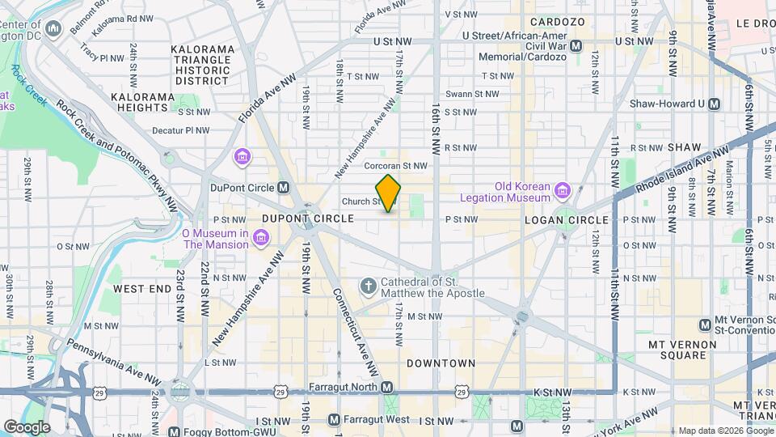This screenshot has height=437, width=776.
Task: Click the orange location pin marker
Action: coord(389,193)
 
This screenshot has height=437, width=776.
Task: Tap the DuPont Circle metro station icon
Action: coord(283,188)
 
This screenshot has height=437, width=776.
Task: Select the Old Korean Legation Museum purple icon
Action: coord(563,191)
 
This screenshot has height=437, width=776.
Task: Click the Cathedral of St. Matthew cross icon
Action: coord(368,286)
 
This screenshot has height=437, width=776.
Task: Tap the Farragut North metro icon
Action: coord(387,388)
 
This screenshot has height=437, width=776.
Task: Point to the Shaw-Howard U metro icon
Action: coord(714,104)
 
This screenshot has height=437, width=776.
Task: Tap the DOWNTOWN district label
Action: coord(441,363)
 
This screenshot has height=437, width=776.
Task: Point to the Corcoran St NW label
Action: coord(395,166)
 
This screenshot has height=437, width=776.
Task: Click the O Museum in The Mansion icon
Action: coord(260,236)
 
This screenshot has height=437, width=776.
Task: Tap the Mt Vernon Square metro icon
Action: coord(705,325)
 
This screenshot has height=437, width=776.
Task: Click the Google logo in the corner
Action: coord(27,426)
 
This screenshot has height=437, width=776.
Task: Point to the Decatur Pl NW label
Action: coord(181,129)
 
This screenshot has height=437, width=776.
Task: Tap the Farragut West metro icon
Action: coord(335,420)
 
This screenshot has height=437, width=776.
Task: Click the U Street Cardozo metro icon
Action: coord(576,47)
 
